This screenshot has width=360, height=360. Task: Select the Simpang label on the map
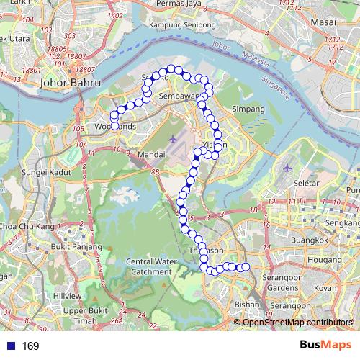(248, 109)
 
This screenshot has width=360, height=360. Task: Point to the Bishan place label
(247, 305)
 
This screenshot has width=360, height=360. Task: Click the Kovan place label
(325, 287)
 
